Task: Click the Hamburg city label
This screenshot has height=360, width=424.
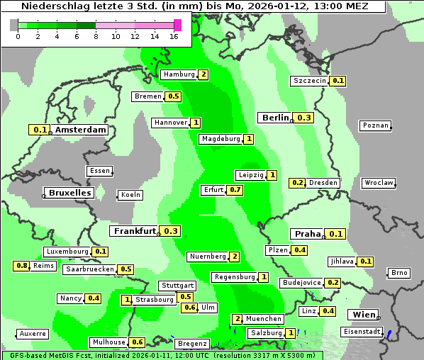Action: (x=179, y=74)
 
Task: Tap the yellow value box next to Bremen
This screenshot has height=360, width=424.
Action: (x=174, y=96)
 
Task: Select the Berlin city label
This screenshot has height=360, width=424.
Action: (x=275, y=118)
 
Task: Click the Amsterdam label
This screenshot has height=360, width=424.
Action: (x=80, y=130)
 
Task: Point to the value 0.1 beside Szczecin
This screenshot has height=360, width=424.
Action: (x=338, y=81)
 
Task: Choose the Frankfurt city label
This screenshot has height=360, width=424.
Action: (x=135, y=231)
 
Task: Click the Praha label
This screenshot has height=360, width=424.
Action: (x=308, y=234)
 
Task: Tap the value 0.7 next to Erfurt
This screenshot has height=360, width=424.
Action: (x=235, y=190)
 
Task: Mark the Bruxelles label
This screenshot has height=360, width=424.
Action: (x=69, y=193)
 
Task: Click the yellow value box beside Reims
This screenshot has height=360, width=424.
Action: (x=22, y=266)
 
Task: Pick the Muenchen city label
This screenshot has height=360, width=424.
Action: (x=264, y=319)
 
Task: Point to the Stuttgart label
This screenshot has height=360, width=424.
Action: (x=177, y=286)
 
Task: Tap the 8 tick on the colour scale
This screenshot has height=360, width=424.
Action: (x=96, y=36)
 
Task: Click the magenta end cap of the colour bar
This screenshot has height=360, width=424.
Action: (x=177, y=26)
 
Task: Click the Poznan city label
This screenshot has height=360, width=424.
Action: (x=375, y=125)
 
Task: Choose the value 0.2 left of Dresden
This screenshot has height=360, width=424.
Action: (x=297, y=183)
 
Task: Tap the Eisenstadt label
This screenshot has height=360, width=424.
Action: (x=362, y=332)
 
